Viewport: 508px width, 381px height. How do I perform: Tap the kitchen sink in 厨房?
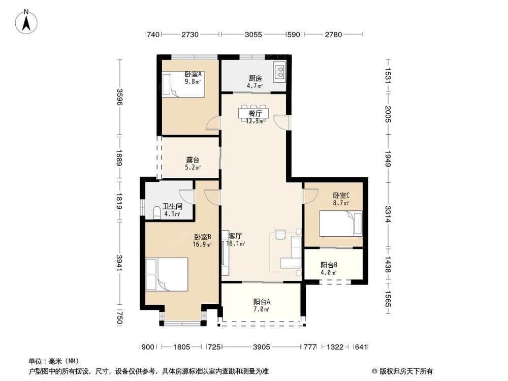[280, 71]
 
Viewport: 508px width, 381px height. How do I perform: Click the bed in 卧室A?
[183, 84]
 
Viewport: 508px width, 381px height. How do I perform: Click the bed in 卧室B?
[167, 274]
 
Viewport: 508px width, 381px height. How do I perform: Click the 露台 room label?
[193, 160]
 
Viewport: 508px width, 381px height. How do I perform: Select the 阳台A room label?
[261, 301]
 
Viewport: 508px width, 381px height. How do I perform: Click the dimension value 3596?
[119, 98]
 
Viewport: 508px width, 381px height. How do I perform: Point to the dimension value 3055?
[253, 35]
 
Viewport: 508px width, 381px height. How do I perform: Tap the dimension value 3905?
[261, 347]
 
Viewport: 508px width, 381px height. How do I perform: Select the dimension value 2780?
[333, 35]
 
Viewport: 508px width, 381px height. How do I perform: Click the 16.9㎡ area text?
[202, 244]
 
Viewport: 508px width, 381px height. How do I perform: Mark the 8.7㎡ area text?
[341, 203]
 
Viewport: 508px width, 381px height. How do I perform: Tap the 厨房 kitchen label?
[255, 78]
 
